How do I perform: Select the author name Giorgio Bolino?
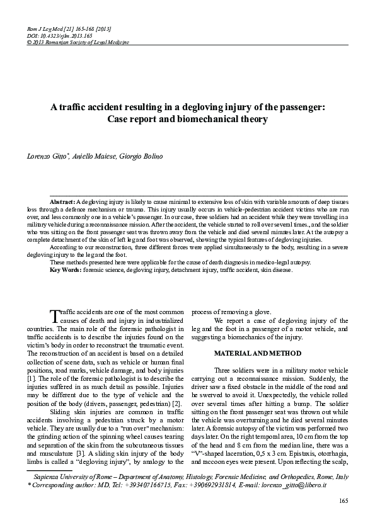[x=144, y=155]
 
